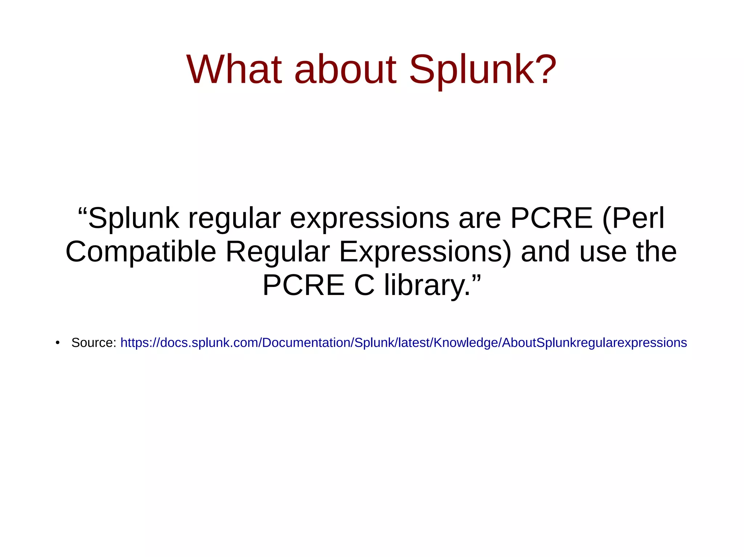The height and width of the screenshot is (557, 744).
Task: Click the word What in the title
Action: click(234, 69)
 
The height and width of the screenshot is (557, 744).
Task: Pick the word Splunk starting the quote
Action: click(134, 218)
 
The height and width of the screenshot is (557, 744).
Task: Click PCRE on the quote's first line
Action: click(551, 218)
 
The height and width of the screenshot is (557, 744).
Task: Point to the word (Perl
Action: click(633, 218)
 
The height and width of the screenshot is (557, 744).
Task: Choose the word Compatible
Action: click(141, 252)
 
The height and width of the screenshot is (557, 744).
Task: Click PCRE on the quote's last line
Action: click(303, 285)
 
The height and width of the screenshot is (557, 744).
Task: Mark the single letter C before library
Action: click(364, 285)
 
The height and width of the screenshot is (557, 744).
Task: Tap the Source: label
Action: click(94, 343)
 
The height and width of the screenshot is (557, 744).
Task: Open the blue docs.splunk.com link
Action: click(403, 343)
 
